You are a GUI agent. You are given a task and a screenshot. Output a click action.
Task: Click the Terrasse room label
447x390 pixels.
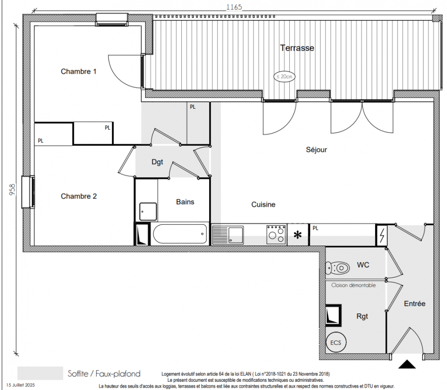point(297,48)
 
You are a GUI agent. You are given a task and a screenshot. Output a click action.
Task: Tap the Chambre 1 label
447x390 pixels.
point(78,71)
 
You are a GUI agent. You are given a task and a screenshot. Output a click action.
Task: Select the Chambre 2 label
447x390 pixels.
point(79,196)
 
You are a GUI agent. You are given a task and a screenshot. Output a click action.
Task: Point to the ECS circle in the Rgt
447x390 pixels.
point(336,343)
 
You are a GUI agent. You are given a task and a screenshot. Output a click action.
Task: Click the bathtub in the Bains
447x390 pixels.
point(180,234)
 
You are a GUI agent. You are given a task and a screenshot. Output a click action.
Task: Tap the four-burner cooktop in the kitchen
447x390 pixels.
point(276,234)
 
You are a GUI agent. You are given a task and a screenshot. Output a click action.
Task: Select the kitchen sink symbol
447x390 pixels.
point(228,235)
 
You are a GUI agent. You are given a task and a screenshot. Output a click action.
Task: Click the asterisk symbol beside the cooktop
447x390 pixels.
point(298,235)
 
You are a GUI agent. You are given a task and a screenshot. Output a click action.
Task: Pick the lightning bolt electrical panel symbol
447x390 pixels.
point(382,235)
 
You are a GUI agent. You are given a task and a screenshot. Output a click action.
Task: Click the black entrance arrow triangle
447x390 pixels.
point(407,364)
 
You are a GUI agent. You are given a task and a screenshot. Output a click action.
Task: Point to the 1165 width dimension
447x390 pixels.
point(234,7)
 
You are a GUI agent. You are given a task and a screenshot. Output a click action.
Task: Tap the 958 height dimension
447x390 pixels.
point(13,190)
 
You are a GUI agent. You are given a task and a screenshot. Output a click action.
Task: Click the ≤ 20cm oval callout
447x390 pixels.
point(284,77)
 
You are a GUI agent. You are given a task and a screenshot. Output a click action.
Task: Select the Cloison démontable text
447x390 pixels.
point(354,285)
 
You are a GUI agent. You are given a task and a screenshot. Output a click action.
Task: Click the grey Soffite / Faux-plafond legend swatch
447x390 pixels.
point(40,373)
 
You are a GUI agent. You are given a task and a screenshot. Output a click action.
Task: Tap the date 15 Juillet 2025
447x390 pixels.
point(21,385)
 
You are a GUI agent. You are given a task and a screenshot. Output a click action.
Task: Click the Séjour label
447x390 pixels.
point(317,150)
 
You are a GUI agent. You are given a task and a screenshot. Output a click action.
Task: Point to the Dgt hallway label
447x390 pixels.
point(157,162)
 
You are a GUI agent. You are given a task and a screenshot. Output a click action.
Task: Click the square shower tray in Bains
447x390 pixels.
point(148,212)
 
